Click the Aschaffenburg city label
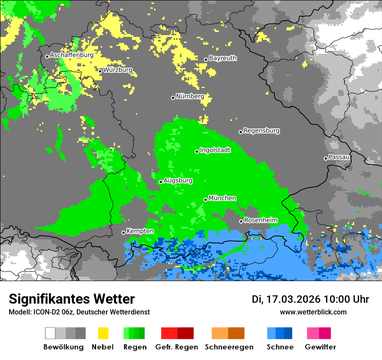72,56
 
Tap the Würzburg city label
118,70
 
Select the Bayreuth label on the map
223,58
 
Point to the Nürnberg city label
190,96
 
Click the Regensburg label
261,131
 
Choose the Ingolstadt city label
215,150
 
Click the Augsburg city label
178,180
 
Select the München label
222,198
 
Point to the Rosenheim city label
260,220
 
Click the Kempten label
140,231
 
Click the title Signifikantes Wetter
72,299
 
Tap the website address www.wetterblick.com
313,312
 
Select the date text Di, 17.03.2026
286,299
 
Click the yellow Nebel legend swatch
103,333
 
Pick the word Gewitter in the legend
320,347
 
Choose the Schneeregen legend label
229,347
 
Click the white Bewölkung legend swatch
50,333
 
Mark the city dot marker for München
206,200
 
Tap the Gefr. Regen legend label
177,347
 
